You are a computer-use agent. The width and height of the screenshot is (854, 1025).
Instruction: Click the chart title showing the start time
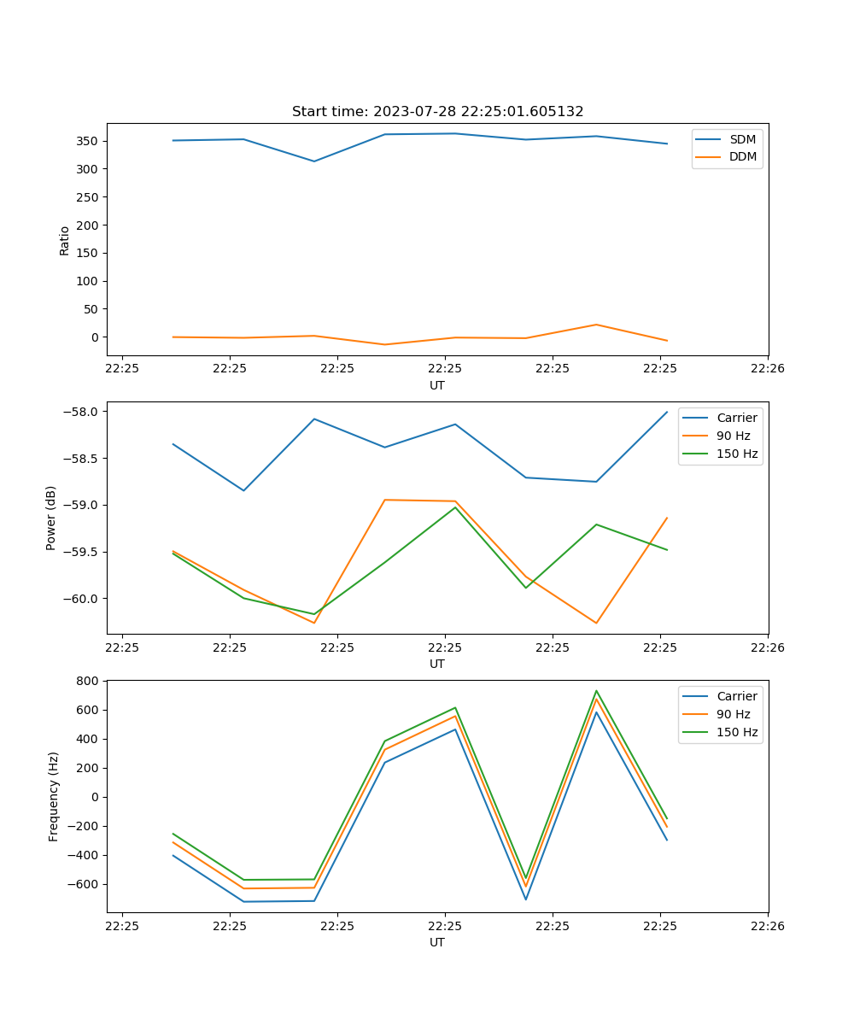pos(437,112)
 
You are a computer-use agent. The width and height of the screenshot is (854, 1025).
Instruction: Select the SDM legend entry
pos(742,138)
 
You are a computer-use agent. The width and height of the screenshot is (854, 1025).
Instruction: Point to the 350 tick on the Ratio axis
pos(88,141)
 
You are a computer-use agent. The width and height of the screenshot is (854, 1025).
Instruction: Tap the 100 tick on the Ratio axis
pos(88,281)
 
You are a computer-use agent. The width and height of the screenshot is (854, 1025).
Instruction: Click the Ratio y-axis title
pos(65,240)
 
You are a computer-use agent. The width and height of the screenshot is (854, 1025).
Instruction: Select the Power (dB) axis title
pos(51,518)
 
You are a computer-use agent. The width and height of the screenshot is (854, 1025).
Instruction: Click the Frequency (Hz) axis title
pos(54,796)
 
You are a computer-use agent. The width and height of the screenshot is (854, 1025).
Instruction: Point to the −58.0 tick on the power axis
pos(84,412)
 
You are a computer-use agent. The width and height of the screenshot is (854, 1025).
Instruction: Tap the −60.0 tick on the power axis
pos(84,598)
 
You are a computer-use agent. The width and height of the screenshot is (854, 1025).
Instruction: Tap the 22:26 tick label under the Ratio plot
pos(767,369)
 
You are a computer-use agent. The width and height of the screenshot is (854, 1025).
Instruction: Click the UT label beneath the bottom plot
pos(437,942)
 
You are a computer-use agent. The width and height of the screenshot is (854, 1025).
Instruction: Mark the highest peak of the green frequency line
pos(596,691)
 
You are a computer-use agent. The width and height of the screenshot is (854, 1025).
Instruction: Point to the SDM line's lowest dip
pos(314,161)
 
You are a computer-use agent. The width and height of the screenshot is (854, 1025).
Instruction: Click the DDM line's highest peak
pos(596,325)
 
